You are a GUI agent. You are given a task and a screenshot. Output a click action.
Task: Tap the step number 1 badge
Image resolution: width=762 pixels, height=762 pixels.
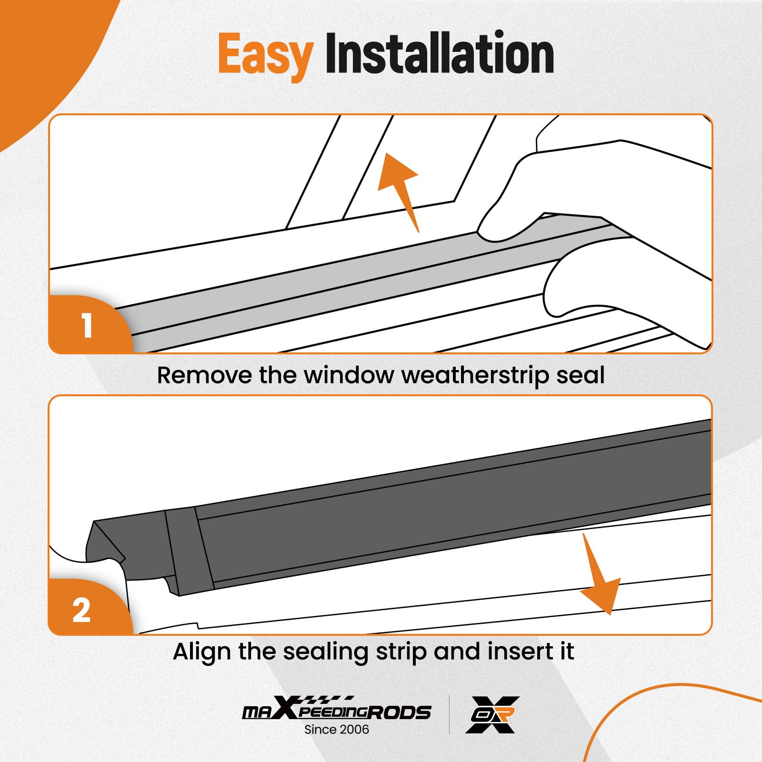pyautogui.click(x=87, y=326)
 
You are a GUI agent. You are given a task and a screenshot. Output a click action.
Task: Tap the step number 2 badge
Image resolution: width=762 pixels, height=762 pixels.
pyautogui.click(x=82, y=610)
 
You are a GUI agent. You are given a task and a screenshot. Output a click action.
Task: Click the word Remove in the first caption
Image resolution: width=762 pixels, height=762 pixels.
pyautogui.click(x=204, y=375)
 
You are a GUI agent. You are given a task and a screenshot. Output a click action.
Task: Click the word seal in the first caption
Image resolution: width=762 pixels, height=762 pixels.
pyautogui.click(x=581, y=375)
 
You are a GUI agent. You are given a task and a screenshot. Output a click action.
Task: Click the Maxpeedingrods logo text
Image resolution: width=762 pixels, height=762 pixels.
pyautogui.click(x=336, y=711)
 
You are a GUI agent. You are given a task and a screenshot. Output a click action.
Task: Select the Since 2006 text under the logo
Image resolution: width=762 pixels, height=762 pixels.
pyautogui.click(x=336, y=730)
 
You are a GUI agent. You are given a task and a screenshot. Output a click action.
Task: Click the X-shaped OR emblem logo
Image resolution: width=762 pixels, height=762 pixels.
pyautogui.click(x=492, y=714)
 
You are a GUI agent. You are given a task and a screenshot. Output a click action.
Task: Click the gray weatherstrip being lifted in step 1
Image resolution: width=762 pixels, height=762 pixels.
pyautogui.click(x=333, y=286)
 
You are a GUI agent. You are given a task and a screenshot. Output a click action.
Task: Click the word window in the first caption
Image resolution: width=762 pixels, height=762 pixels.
pyautogui.click(x=349, y=375)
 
